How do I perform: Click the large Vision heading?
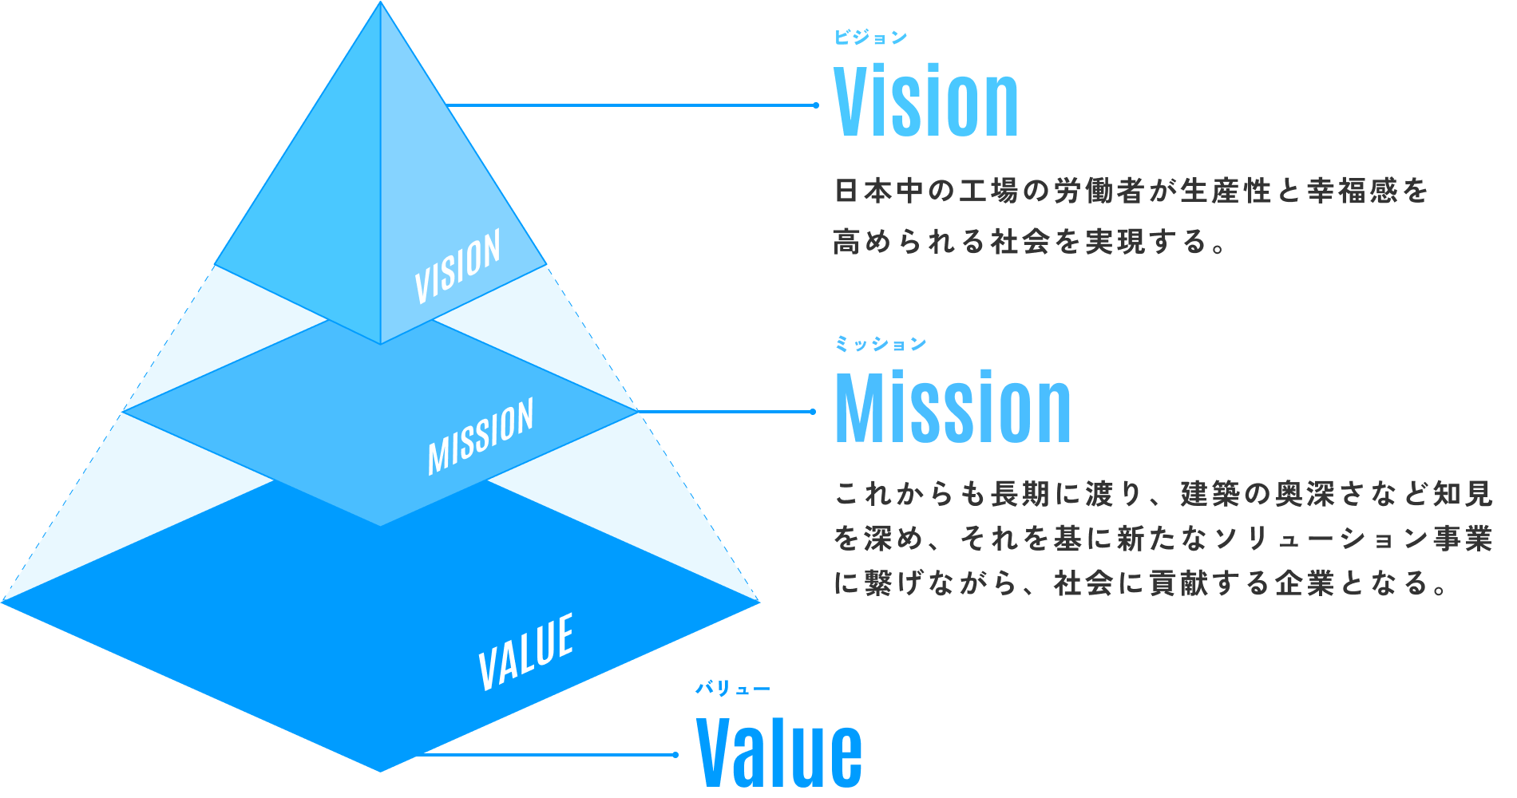pos(926,102)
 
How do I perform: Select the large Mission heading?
pos(953,408)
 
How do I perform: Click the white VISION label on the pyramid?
pos(457,266)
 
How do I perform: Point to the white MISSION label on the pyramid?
pos(481,437)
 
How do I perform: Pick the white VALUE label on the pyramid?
pos(526,651)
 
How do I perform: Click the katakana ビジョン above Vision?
pos(870,38)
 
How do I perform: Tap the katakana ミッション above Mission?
pos(880,344)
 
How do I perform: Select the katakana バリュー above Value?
pos(732,689)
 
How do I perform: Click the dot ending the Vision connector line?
pos(815,105)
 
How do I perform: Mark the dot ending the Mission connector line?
pos(813,412)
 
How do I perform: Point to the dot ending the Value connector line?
pos(675,754)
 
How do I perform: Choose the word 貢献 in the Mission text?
pos(1178,584)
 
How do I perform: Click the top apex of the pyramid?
pos(381,4)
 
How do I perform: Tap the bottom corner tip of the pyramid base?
pos(381,770)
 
